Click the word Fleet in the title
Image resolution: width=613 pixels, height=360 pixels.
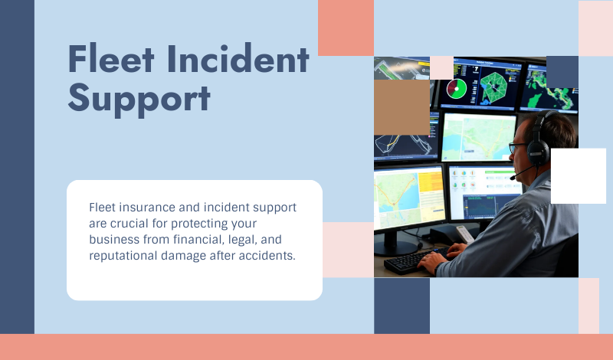tap(110, 60)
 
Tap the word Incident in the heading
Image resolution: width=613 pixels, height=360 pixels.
tap(238, 60)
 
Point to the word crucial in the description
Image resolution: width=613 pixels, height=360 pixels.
tap(131, 224)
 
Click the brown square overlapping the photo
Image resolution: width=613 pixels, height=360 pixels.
tap(402, 108)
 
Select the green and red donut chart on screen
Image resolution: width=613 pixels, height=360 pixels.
tap(457, 89)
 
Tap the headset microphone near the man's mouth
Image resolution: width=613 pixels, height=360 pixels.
tap(513, 177)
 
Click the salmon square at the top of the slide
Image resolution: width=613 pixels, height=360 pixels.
tap(346, 28)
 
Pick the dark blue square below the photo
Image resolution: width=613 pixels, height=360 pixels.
tap(402, 306)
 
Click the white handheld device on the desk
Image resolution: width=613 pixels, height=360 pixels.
tap(464, 234)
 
